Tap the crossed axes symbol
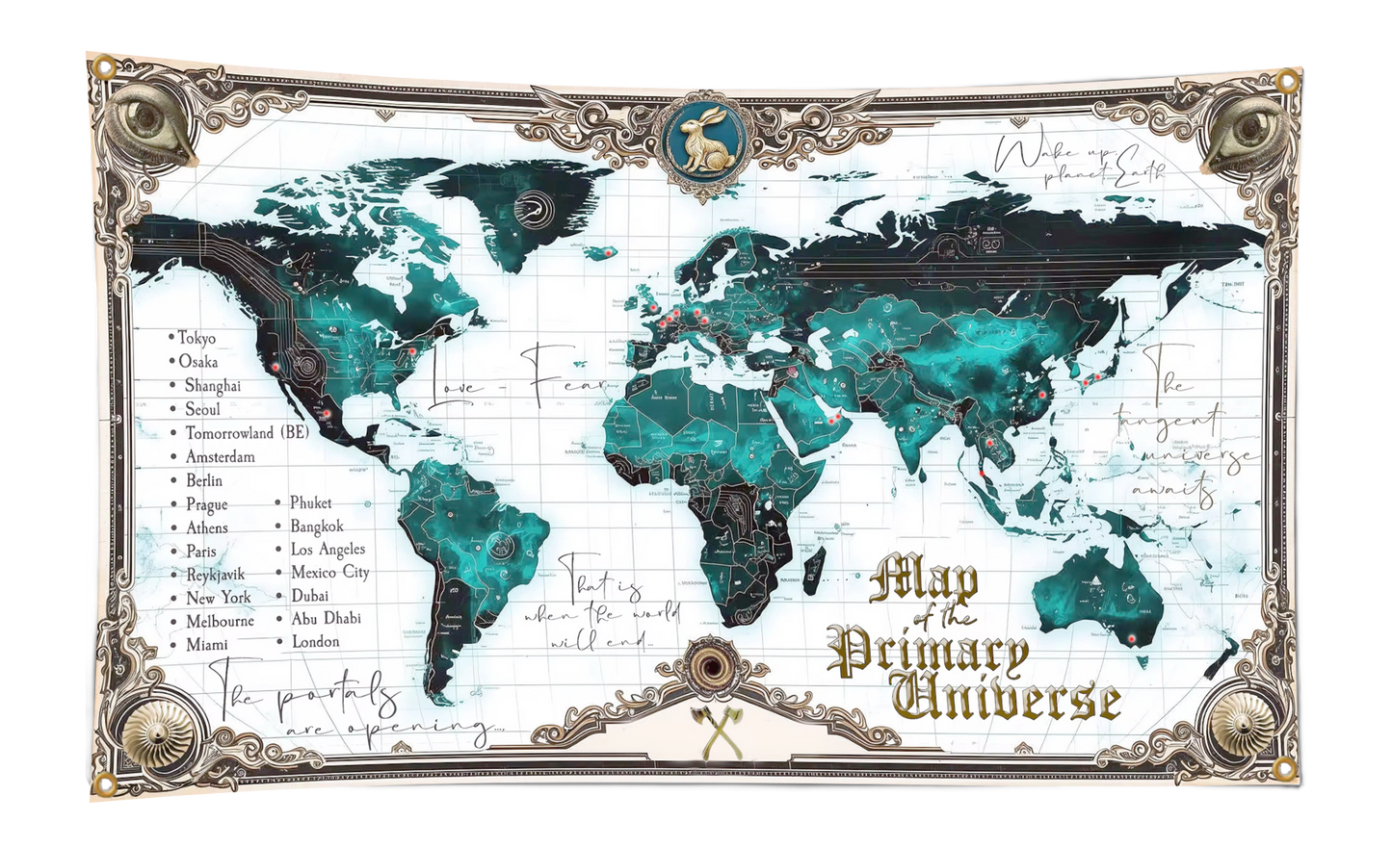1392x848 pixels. pos(713,732)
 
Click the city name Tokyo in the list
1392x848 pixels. pos(197,338)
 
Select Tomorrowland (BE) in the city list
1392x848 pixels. pos(247,433)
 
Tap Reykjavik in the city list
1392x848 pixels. pos(216,575)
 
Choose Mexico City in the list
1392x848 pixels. pos(330,572)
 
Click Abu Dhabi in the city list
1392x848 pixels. pos(327,619)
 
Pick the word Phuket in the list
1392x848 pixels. pos(311,502)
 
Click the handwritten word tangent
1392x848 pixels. pos(1169,423)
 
